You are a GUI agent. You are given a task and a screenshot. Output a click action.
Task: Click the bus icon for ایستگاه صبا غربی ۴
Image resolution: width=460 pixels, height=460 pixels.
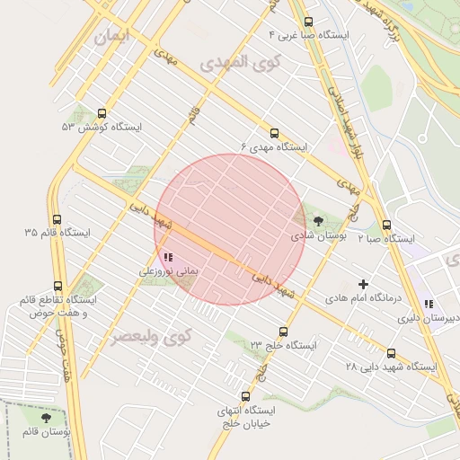click(309, 22)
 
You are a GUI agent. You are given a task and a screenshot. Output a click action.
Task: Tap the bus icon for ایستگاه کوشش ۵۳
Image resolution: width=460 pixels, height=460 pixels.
click(101, 115)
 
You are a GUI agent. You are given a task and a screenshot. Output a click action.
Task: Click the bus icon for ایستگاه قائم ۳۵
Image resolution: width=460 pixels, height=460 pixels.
click(57, 219)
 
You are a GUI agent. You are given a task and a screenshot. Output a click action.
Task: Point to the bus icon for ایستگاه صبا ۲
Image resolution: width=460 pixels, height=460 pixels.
click(386, 226)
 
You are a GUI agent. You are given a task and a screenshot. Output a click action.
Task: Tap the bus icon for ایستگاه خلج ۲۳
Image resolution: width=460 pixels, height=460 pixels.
click(284, 332)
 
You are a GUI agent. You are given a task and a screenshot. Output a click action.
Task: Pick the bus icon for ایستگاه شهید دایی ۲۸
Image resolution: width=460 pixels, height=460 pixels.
click(391, 353)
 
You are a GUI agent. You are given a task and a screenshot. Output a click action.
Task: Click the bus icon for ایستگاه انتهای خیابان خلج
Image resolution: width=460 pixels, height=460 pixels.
click(245, 396)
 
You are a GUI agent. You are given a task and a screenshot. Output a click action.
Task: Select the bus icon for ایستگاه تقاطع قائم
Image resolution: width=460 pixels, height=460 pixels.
click(58, 286)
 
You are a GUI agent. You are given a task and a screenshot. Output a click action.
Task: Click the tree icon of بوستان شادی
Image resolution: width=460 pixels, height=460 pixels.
click(318, 221)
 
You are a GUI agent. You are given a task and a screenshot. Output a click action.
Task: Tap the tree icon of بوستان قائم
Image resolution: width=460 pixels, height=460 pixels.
click(47, 418)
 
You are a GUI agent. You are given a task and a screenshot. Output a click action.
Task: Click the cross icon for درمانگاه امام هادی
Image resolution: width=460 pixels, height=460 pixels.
click(363, 284)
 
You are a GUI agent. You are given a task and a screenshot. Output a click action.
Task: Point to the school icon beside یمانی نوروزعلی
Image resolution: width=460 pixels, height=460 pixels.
click(168, 257)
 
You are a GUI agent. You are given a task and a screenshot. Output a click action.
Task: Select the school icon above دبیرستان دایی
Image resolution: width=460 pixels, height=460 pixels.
click(429, 304)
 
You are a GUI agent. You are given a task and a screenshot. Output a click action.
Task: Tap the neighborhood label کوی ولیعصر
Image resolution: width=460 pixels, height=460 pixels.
click(153, 337)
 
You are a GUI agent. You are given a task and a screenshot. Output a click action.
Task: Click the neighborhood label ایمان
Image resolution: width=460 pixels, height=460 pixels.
click(111, 37)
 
